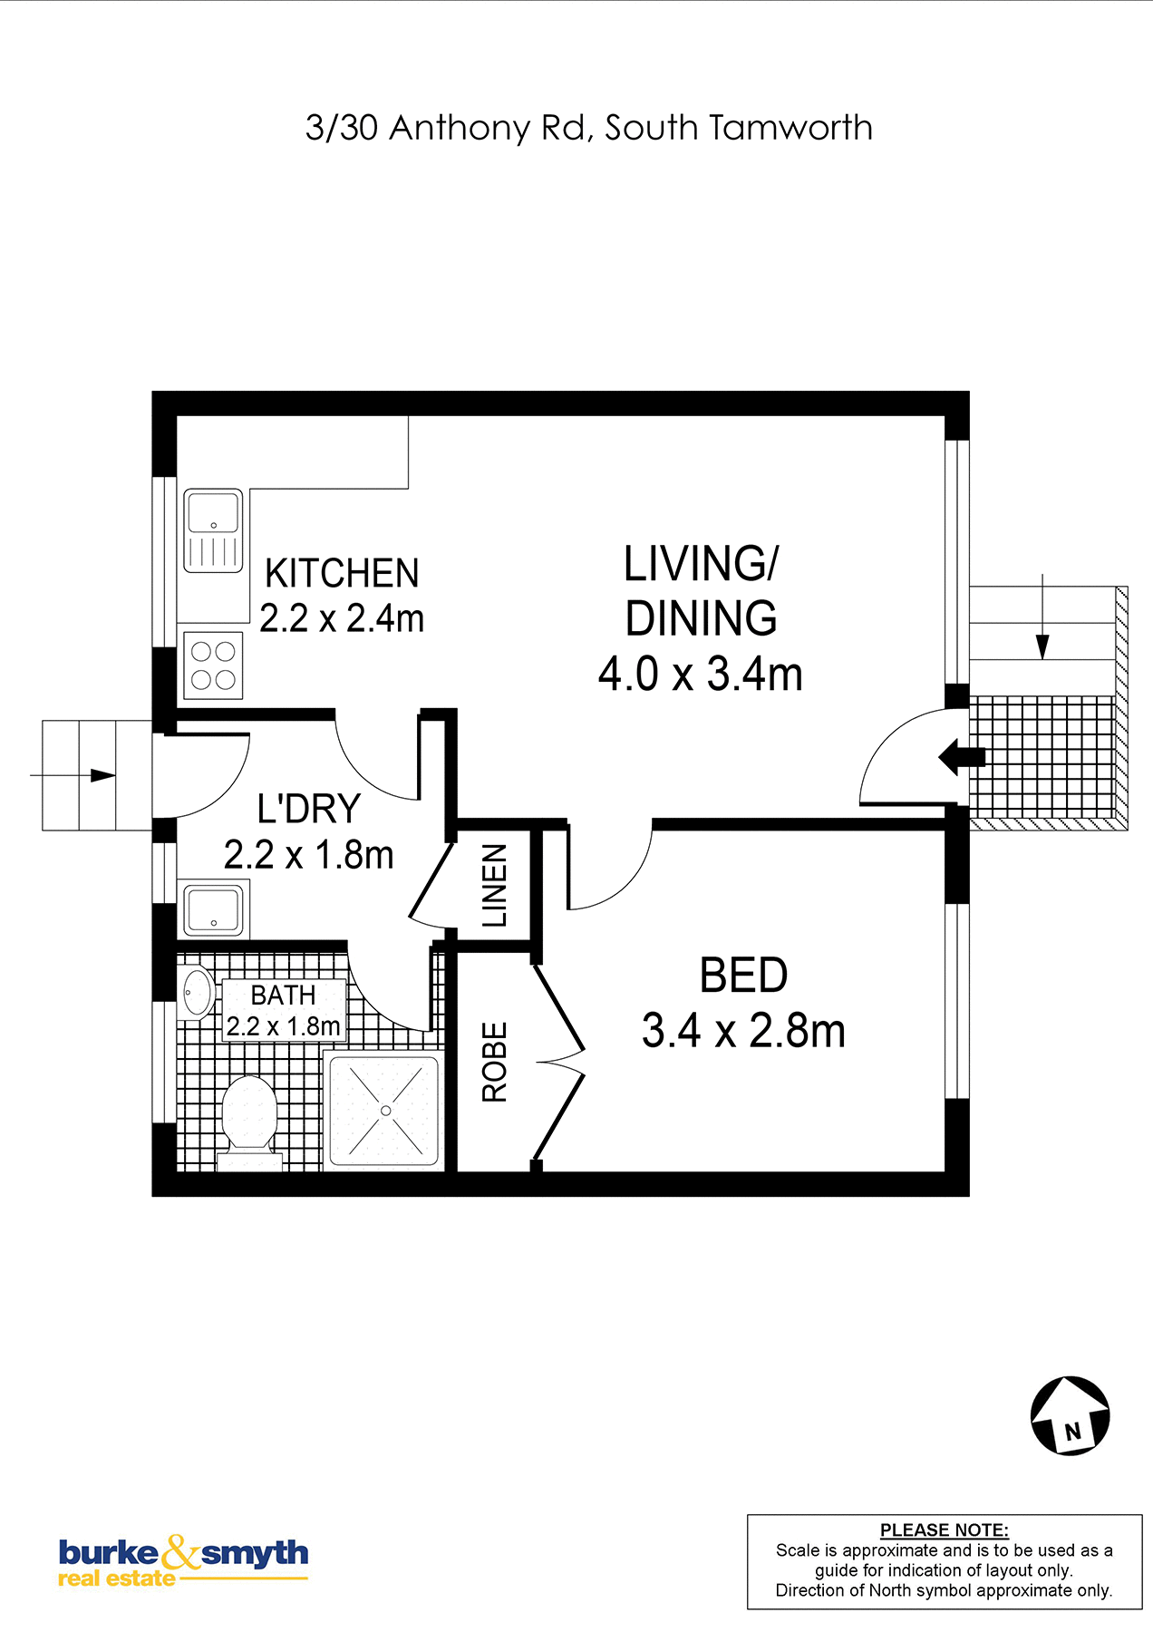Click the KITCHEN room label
pyautogui.click(x=342, y=573)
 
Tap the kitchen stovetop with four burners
pyautogui.click(x=214, y=665)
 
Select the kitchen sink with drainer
pyautogui.click(x=214, y=531)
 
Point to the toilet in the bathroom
pyautogui.click(x=249, y=1122)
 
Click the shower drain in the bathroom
pyautogui.click(x=386, y=1111)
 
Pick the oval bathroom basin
pyautogui.click(x=197, y=993)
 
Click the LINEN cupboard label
pyautogui.click(x=494, y=886)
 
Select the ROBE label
pyautogui.click(x=494, y=1062)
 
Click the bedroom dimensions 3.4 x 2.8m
pyautogui.click(x=743, y=1031)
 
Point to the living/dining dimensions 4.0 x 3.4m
pyautogui.click(x=701, y=675)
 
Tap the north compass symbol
pyautogui.click(x=1071, y=1415)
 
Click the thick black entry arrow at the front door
pyautogui.click(x=962, y=756)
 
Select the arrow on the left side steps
pyautogui.click(x=73, y=775)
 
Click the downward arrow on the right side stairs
pyautogui.click(x=1042, y=617)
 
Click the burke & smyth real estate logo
pyautogui.click(x=183, y=1561)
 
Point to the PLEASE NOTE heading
pyautogui.click(x=945, y=1530)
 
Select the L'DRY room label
pyautogui.click(x=309, y=809)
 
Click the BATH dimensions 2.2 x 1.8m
pyautogui.click(x=284, y=1026)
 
